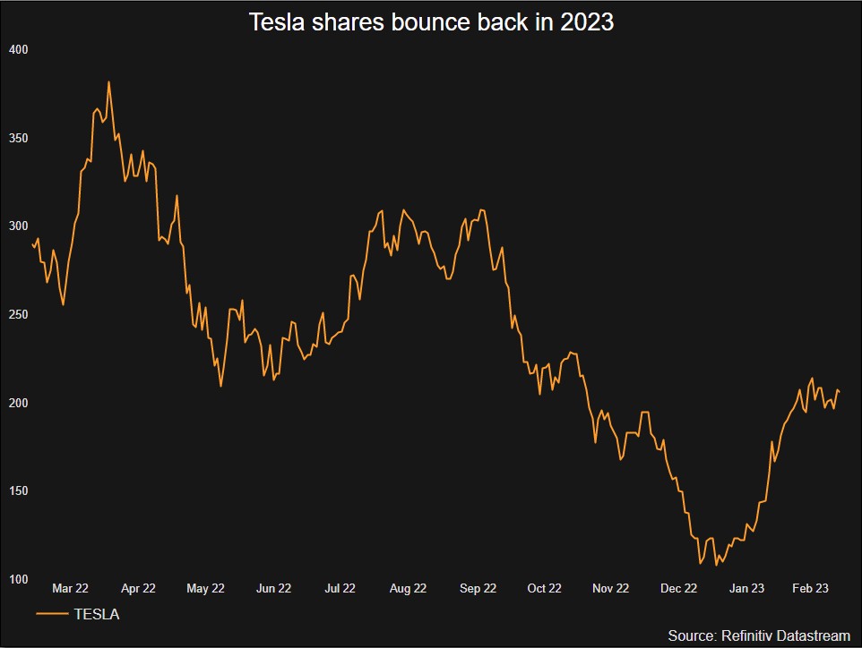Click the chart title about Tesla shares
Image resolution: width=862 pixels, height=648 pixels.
(x=431, y=22)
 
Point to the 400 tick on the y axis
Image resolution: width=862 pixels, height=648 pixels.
(x=18, y=50)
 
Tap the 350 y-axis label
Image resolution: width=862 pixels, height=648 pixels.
(x=18, y=139)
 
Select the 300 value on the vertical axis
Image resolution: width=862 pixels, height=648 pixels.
(x=18, y=226)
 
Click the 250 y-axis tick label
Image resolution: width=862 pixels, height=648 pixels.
(x=18, y=315)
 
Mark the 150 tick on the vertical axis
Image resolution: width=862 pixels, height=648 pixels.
(x=18, y=491)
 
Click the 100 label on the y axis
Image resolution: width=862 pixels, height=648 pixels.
(x=18, y=580)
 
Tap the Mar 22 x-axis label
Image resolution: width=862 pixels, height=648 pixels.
(x=70, y=588)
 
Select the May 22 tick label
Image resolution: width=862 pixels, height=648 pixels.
(x=205, y=588)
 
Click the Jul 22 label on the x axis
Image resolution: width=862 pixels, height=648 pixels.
(x=340, y=588)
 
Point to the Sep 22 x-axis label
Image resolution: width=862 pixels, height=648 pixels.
(x=478, y=588)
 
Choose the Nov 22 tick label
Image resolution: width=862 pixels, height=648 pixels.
(x=611, y=588)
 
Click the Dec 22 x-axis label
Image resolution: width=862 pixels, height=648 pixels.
(x=678, y=588)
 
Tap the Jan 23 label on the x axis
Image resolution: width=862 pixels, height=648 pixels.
(x=746, y=588)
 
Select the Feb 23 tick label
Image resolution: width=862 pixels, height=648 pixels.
(x=811, y=588)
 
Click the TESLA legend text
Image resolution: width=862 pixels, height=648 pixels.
(x=97, y=614)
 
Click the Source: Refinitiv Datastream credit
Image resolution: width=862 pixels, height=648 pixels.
(x=759, y=635)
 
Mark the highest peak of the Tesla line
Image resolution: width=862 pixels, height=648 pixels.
(x=108, y=82)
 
